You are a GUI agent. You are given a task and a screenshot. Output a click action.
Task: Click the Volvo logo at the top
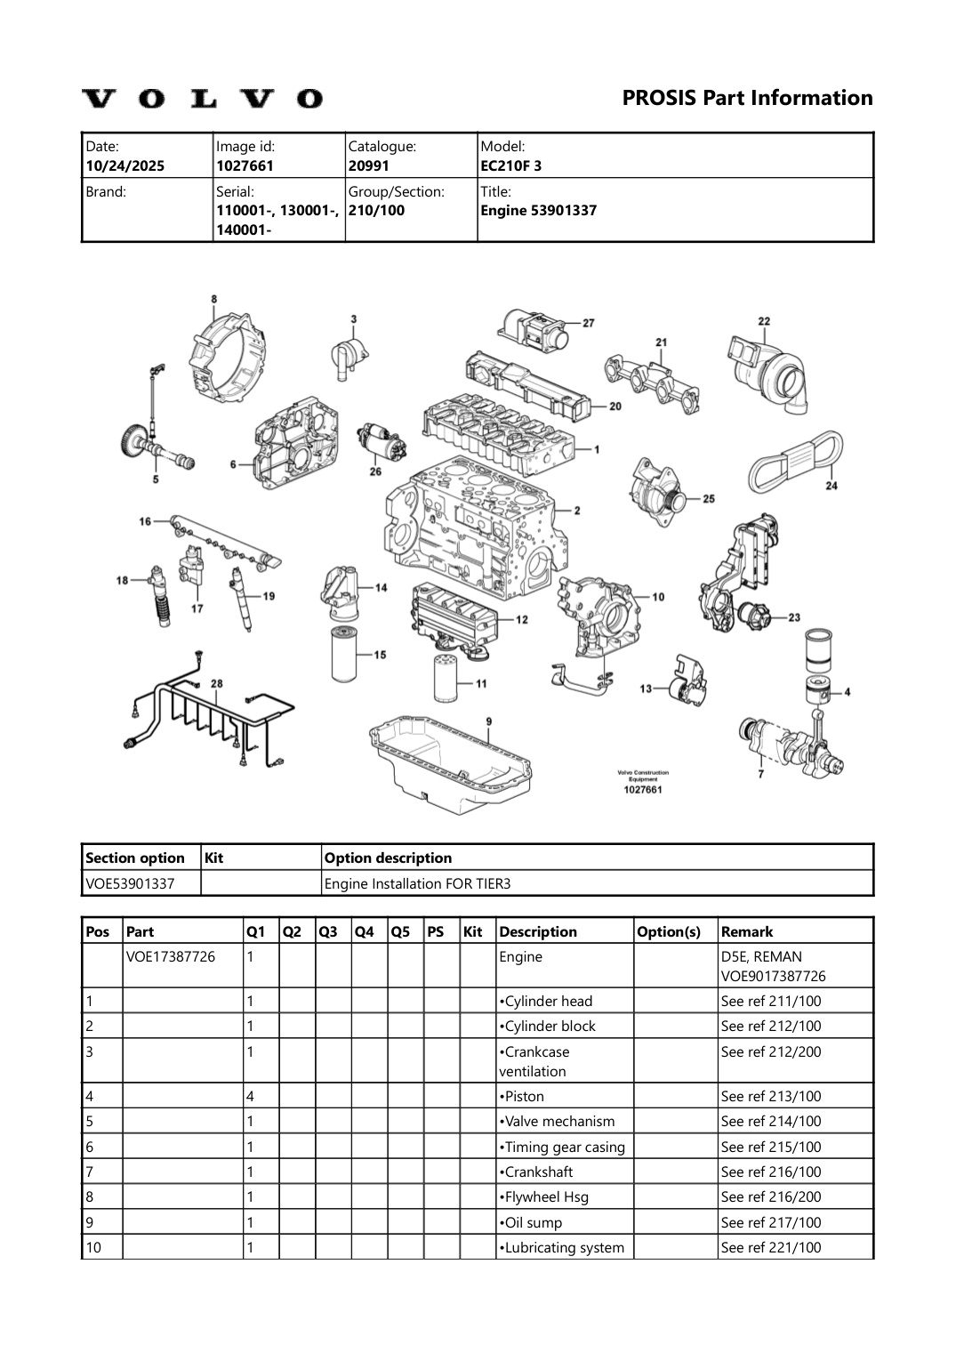pyautogui.click(x=203, y=99)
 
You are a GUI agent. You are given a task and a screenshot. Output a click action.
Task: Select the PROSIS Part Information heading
pyautogui.click(x=747, y=98)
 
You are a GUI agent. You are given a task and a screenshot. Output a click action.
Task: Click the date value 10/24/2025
pyautogui.click(x=125, y=165)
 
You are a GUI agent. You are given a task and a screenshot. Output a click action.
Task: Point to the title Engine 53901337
pyautogui.click(x=538, y=211)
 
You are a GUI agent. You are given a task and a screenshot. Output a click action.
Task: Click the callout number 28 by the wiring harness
pyautogui.click(x=216, y=683)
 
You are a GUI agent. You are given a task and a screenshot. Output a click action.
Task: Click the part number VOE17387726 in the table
pyautogui.click(x=171, y=957)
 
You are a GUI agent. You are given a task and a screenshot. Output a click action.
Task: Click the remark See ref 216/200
pyautogui.click(x=770, y=1196)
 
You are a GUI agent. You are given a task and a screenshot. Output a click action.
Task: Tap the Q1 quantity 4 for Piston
pyautogui.click(x=250, y=1096)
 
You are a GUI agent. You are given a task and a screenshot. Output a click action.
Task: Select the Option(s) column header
pyautogui.click(x=669, y=931)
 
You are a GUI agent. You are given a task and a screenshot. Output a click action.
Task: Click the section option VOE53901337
pyautogui.click(x=130, y=883)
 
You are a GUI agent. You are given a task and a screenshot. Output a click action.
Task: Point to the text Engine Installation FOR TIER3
pyautogui.click(x=417, y=883)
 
